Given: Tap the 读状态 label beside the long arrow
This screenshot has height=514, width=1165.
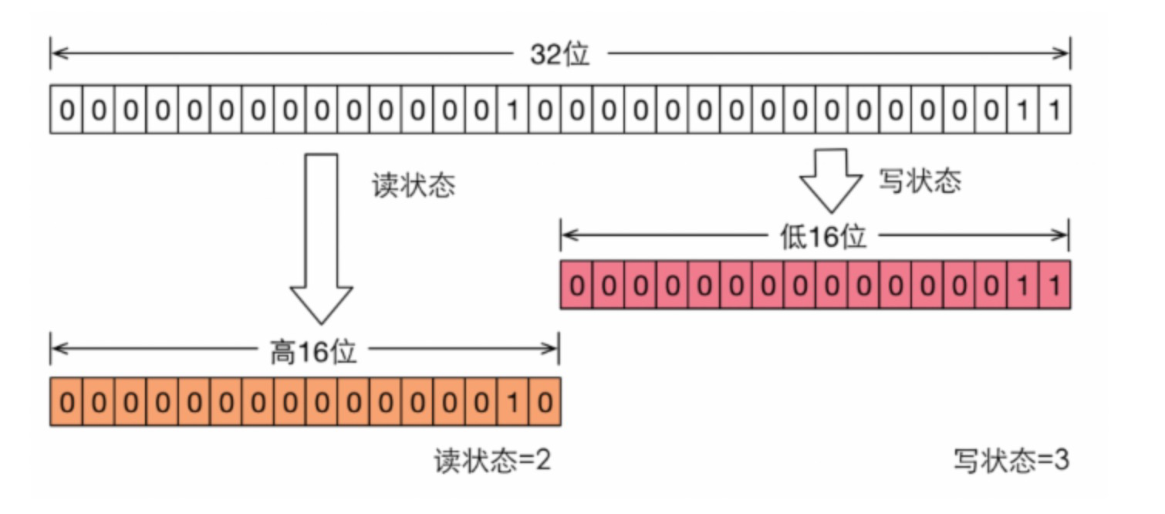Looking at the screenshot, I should pos(414,186).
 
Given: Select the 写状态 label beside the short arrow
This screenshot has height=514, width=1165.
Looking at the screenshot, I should pos(920,181).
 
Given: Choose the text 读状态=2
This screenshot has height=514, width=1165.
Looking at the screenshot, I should pos(492,462).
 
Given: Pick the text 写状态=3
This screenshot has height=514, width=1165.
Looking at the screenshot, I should pos(1011,462).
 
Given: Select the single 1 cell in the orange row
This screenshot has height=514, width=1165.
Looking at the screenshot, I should pos(512,402).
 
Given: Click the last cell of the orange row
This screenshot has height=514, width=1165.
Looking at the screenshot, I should pos(545,402).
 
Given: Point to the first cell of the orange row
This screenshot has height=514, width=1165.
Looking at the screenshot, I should pos(66,402).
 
